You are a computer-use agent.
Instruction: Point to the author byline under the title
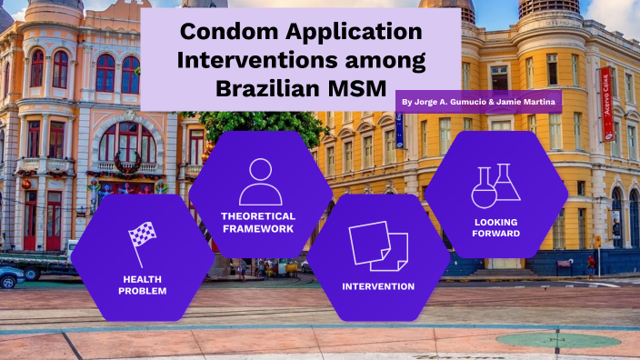point(480,102)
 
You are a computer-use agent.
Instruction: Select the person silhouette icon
point(260,182)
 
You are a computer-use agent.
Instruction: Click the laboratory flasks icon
point(496,186)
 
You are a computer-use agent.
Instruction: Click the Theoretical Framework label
point(260,223)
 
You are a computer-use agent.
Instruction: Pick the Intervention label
point(378,286)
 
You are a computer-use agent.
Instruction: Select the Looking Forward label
point(496,227)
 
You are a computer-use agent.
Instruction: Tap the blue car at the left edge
point(10,276)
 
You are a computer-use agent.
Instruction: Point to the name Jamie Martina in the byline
point(527,102)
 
